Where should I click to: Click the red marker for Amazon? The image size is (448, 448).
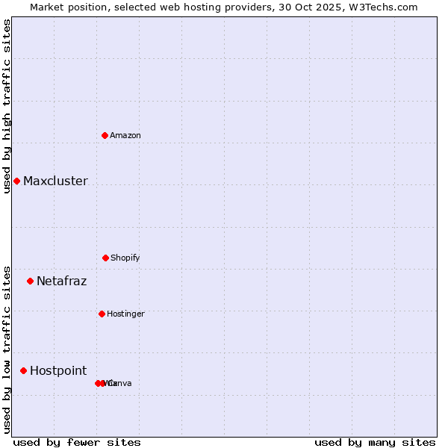(x=105, y=135)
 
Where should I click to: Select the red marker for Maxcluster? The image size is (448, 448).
(x=16, y=181)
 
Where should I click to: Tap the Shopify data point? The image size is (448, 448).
(x=105, y=258)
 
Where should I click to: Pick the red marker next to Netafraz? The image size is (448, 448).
(x=30, y=281)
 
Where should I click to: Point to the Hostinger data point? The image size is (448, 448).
(x=102, y=314)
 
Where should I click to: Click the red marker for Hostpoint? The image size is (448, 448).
(x=23, y=370)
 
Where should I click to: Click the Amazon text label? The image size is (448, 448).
(x=125, y=135)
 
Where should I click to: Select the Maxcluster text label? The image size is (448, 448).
(x=55, y=181)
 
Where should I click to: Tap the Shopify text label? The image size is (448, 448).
(x=125, y=258)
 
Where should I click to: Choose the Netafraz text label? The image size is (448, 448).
(x=61, y=281)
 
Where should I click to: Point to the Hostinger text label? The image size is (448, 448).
(x=125, y=314)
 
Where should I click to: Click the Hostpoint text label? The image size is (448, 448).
(x=58, y=370)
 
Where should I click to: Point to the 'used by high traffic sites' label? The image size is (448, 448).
(x=7, y=106)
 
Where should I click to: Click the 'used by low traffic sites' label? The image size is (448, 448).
(x=7, y=349)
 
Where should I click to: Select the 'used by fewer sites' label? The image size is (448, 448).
(x=77, y=442)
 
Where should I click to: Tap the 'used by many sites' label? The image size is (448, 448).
(x=375, y=442)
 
